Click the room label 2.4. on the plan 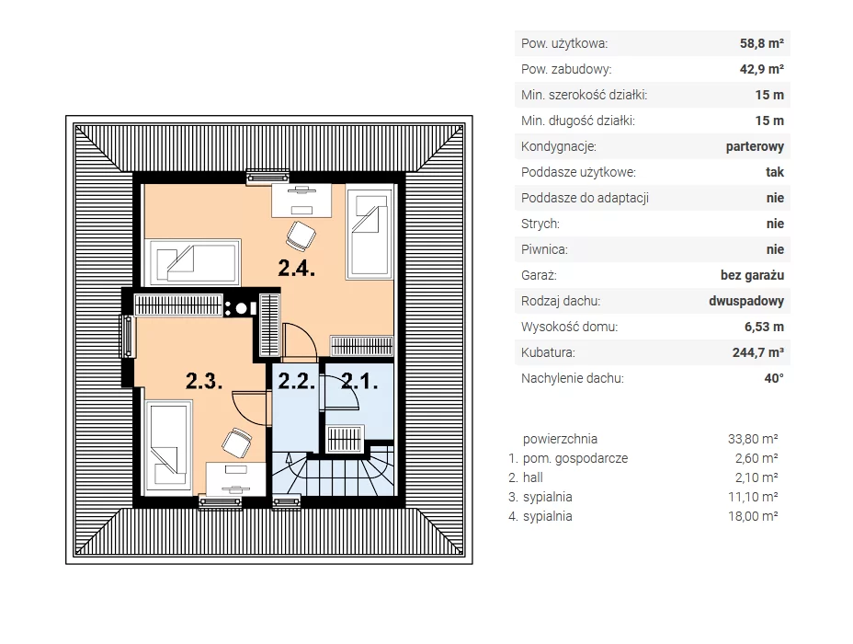[x=297, y=268]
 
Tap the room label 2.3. [x=204, y=381]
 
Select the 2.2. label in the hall [x=297, y=381]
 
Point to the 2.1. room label [x=359, y=381]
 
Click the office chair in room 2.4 [x=301, y=236]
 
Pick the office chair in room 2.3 [x=236, y=443]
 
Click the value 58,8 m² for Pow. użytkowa [x=762, y=43]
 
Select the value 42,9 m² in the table [x=762, y=69]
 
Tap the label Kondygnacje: [x=559, y=147]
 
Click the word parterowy [x=755, y=147]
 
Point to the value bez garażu [x=753, y=275]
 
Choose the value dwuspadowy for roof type [x=746, y=301]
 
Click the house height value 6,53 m [x=765, y=327]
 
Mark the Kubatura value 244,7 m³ [x=758, y=352]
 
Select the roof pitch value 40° [x=774, y=378]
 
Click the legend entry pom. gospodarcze [x=575, y=458]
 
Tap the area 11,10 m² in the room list [x=753, y=497]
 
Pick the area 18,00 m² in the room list [x=753, y=516]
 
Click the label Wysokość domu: [x=570, y=328]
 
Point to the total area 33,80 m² [x=753, y=439]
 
